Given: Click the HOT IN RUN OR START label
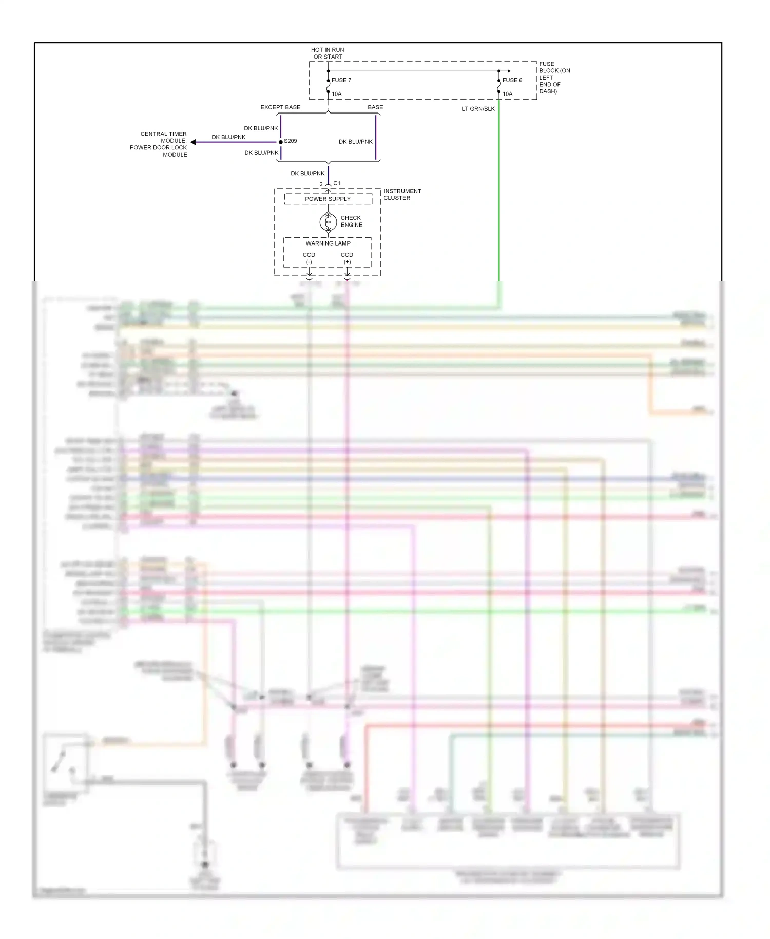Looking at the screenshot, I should (x=328, y=53).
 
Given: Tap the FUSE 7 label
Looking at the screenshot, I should (x=341, y=80).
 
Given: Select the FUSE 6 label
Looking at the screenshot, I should (x=512, y=80).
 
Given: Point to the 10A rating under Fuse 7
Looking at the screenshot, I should (x=336, y=94).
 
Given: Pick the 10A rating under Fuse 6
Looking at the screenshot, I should (x=507, y=94).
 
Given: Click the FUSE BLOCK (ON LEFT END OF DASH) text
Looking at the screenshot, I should (x=554, y=78).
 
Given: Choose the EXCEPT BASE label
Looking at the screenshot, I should (x=280, y=107).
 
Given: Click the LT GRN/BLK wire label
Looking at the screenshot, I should (x=478, y=109).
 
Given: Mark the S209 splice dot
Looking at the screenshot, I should (x=280, y=142).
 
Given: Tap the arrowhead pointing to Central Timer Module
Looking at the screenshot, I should (x=193, y=142).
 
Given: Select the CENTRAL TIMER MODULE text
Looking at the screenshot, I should (x=163, y=137).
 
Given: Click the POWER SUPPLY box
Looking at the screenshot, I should (x=328, y=199).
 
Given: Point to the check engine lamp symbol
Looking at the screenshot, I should (x=328, y=222).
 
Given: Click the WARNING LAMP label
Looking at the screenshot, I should (x=328, y=243).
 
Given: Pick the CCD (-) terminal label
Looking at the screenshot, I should (x=309, y=258).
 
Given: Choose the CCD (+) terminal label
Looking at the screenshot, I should (x=347, y=258).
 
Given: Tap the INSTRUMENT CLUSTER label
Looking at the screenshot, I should (x=402, y=194).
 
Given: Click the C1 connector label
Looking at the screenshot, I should (x=337, y=183).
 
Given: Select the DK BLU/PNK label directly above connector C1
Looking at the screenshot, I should (x=307, y=174).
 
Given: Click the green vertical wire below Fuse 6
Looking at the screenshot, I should (x=499, y=195).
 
